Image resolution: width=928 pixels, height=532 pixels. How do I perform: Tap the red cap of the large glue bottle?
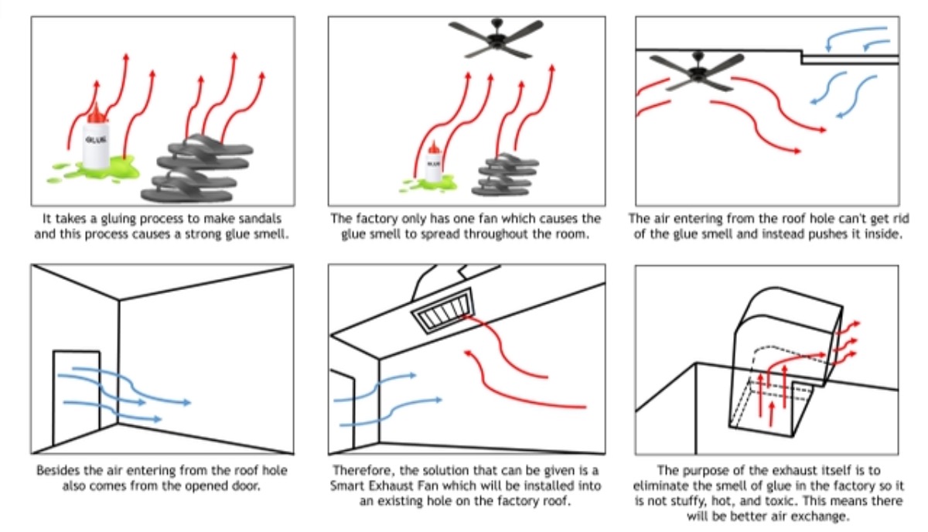tap(96, 116)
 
